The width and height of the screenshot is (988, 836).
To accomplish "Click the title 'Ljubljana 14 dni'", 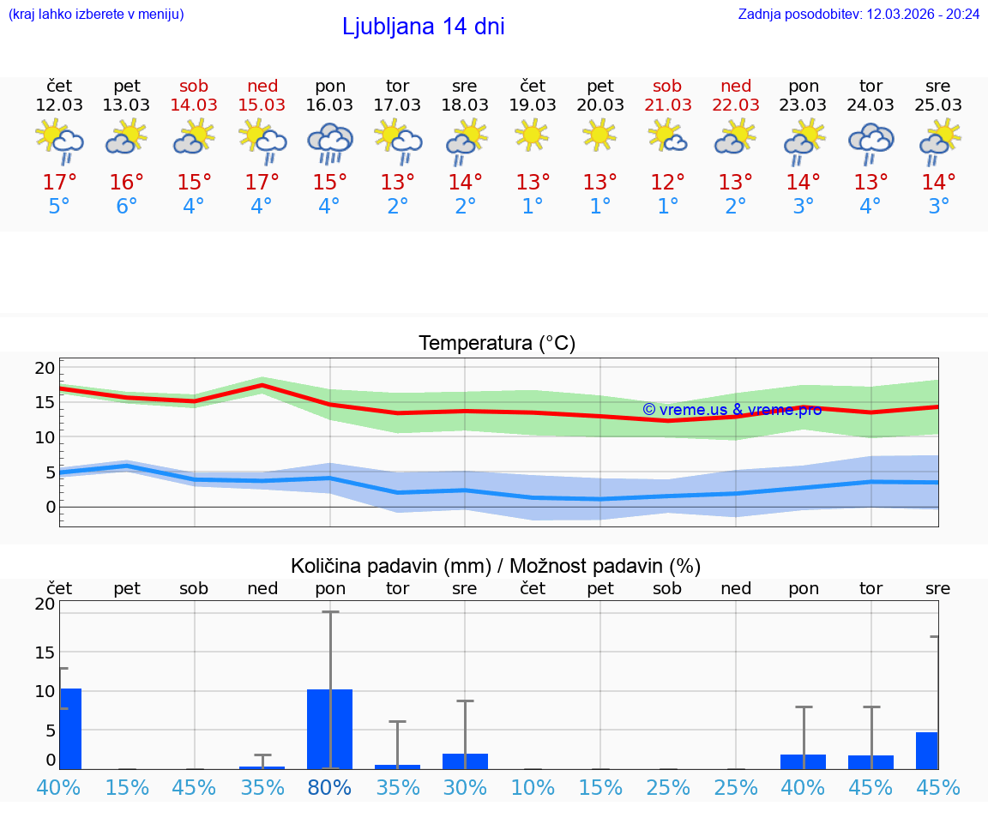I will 423,27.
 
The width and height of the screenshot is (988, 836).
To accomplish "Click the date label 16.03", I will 330,105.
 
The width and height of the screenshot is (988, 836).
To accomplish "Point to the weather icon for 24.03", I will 871,141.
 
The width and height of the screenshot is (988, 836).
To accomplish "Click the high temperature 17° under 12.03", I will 59,183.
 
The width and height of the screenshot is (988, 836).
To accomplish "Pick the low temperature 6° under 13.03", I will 127,207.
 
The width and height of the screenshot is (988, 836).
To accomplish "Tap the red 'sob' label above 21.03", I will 667,86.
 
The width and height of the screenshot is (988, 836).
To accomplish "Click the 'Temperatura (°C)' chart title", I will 497,344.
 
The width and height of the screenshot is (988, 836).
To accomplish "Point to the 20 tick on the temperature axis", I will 45,368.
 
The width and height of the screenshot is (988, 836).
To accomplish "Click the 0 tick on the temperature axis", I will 51,507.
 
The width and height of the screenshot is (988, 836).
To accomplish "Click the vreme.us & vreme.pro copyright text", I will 732,410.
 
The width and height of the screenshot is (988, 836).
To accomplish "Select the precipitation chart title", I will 496,566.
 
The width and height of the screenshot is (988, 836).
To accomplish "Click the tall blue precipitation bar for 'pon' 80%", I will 330,729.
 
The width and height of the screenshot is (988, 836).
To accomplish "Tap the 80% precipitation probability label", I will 330,787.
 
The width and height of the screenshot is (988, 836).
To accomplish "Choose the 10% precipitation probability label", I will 533,787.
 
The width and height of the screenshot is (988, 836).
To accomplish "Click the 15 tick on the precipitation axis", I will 45,652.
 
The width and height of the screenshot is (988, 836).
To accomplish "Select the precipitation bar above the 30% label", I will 465,761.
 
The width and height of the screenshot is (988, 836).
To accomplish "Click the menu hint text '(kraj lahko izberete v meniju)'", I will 96,15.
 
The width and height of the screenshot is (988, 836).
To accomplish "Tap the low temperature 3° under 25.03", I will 938,207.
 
